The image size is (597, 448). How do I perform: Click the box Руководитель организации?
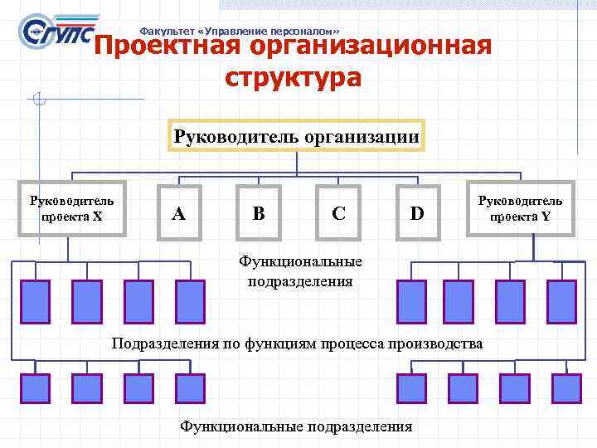pos(297,135)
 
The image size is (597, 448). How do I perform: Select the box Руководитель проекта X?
pos(73,209)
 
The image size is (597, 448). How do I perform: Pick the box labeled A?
pos(178,213)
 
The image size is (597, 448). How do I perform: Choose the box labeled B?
pos(259,213)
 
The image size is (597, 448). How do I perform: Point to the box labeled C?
pos(338,213)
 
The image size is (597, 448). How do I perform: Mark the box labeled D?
pos(417,213)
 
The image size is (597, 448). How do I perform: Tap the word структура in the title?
pos(293,78)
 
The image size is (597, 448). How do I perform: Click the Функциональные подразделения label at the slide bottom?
pos(296,426)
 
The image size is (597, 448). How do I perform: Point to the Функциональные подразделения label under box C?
pos(299,271)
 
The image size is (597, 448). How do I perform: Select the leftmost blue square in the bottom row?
pos(35,388)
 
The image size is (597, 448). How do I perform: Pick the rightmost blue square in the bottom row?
pos(566,388)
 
